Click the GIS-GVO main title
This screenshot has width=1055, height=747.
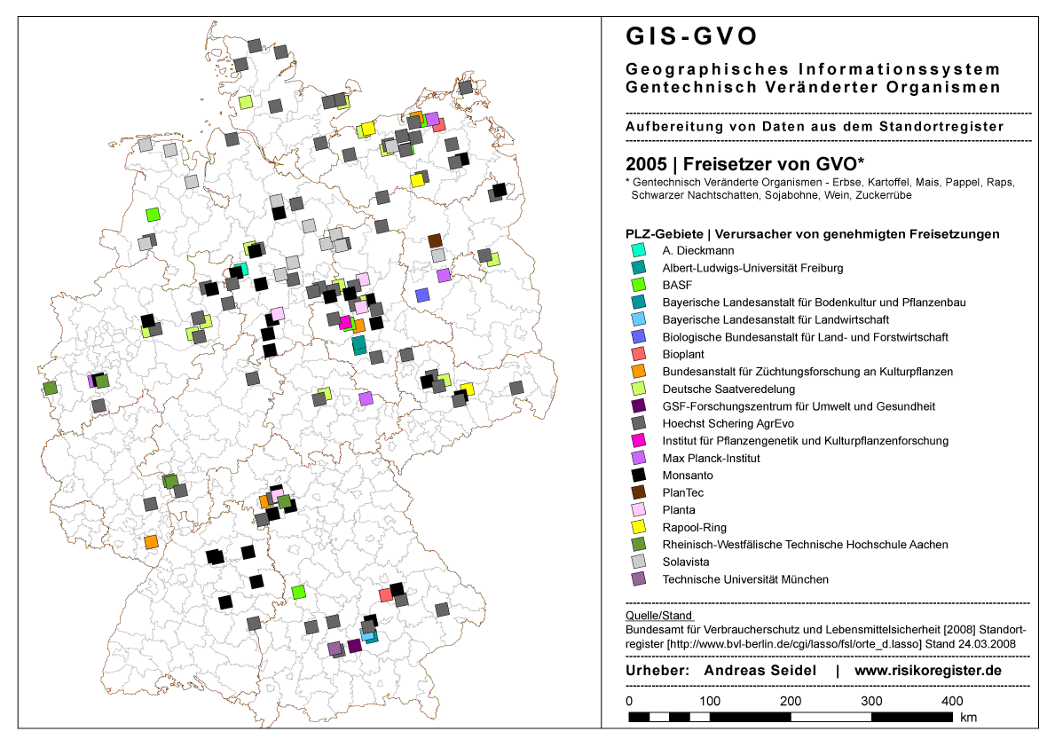(x=692, y=36)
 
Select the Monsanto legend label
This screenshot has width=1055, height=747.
(x=688, y=476)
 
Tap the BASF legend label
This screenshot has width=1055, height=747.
(x=676, y=285)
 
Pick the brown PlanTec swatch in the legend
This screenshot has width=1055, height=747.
(x=638, y=492)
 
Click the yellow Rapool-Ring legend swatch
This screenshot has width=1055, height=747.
(x=638, y=528)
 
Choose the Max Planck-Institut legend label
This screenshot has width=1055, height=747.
(x=711, y=459)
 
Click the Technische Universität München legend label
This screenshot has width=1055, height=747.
(x=745, y=579)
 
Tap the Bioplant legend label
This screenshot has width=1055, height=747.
(x=683, y=354)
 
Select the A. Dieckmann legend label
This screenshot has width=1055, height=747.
(x=698, y=250)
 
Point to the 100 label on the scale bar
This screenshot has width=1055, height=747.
(x=709, y=702)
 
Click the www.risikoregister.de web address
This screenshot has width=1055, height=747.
(x=927, y=671)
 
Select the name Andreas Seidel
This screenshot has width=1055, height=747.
(x=760, y=671)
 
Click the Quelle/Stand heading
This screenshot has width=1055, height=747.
(x=658, y=615)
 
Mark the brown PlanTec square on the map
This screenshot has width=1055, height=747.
(x=435, y=240)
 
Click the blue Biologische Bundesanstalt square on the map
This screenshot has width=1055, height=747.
(x=422, y=295)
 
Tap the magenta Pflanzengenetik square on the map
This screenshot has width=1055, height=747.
(x=345, y=322)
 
